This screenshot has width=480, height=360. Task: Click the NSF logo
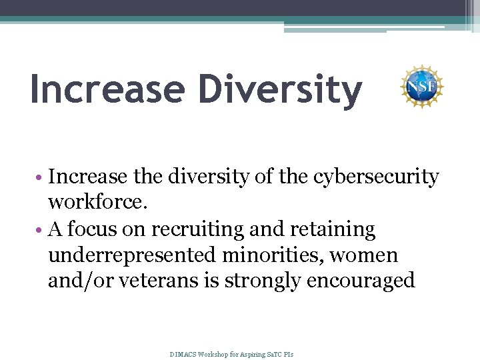[421, 87]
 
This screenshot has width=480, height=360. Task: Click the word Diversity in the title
[278, 90]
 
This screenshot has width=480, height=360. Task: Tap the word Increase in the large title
[107, 90]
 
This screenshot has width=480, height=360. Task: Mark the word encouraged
[361, 281]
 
